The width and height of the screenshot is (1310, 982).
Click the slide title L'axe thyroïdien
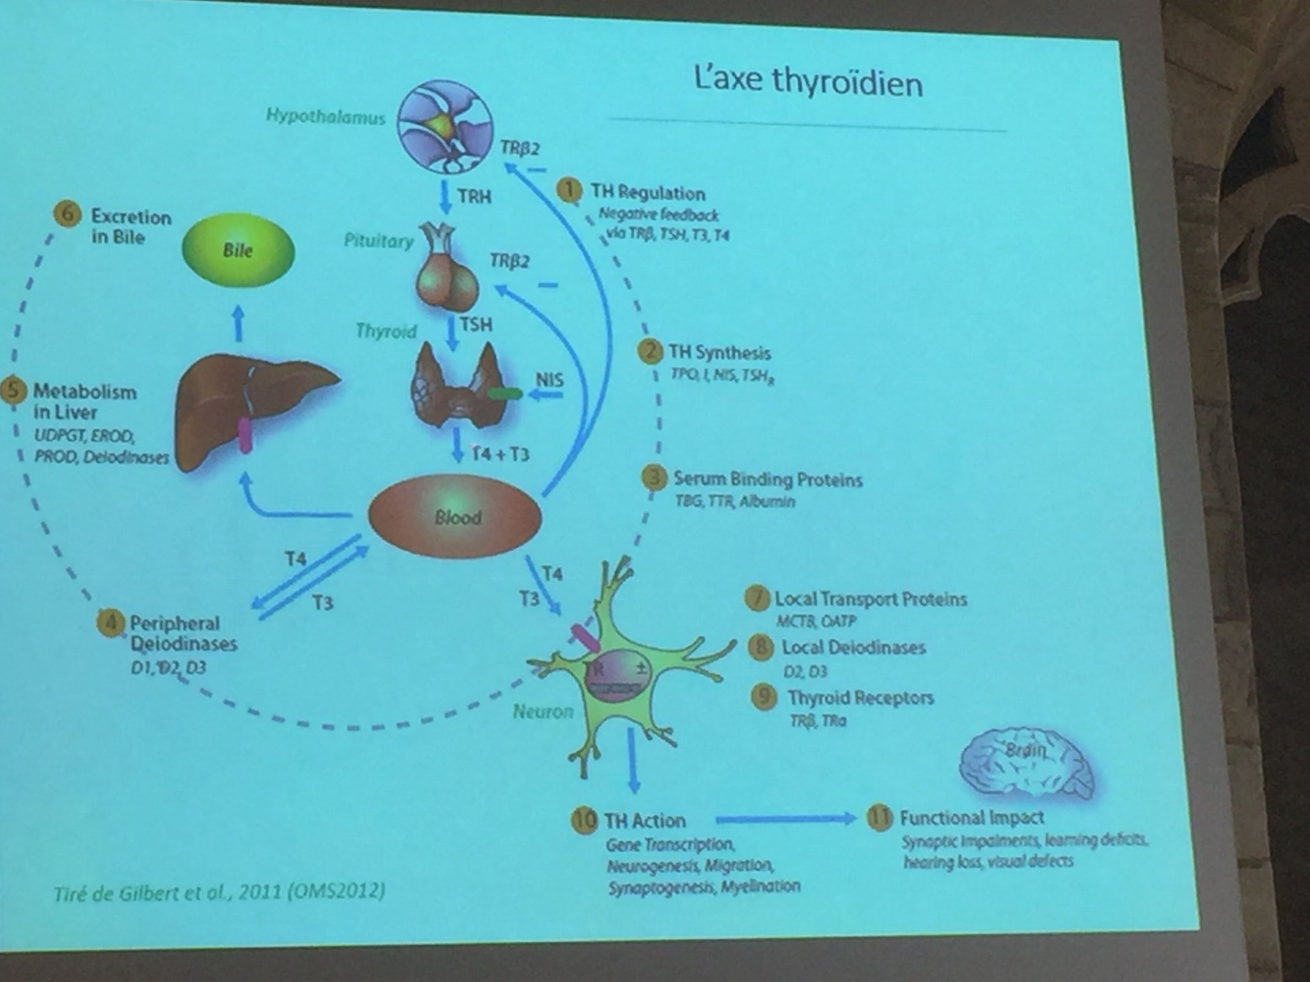click(808, 82)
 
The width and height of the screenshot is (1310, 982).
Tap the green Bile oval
click(238, 250)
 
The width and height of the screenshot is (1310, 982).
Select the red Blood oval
click(455, 517)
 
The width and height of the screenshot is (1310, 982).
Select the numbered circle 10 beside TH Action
click(584, 820)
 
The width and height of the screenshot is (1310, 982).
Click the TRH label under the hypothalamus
click(474, 196)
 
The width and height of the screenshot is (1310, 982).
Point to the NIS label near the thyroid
click(549, 380)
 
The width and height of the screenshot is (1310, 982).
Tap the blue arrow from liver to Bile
click(238, 322)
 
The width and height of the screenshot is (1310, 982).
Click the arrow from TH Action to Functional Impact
click(785, 820)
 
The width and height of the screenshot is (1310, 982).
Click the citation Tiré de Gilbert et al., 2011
click(219, 892)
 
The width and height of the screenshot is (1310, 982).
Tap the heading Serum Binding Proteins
click(768, 479)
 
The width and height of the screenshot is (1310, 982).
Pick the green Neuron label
click(543, 711)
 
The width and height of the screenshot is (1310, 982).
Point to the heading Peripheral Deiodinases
click(183, 633)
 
